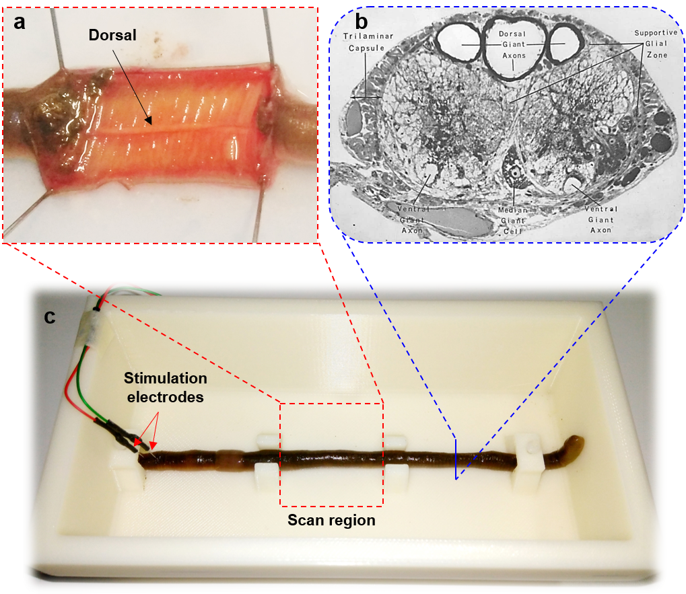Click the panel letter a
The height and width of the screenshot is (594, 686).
[x=20, y=22]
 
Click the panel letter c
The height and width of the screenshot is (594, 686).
[x=50, y=316]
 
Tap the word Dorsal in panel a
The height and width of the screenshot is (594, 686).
[x=112, y=36]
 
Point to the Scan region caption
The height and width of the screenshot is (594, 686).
[x=331, y=520]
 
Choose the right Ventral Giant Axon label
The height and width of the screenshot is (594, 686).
[x=601, y=219]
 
